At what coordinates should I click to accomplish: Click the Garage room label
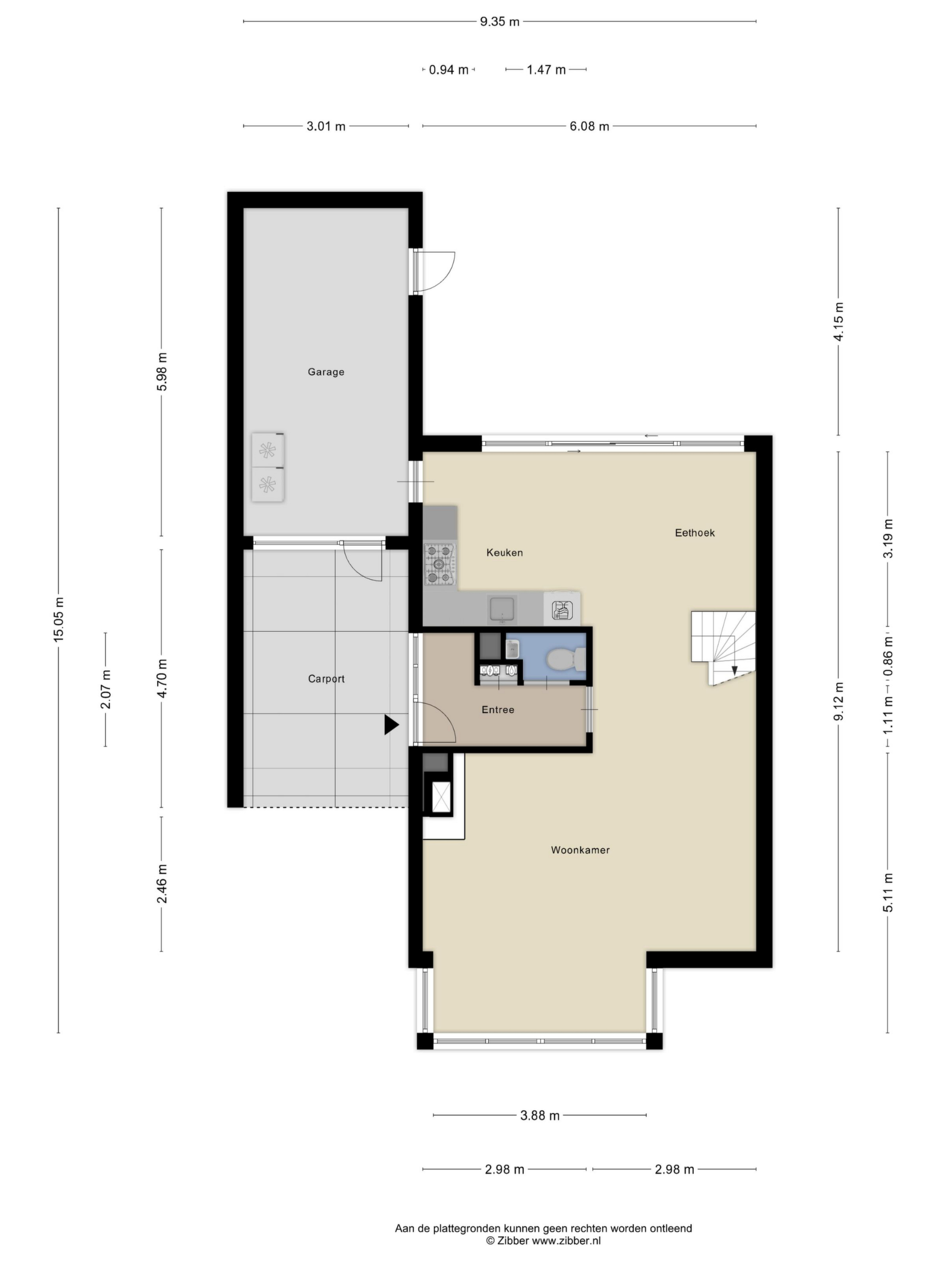[x=326, y=372]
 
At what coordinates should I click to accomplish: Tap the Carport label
[x=326, y=678]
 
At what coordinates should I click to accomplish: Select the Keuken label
[x=504, y=552]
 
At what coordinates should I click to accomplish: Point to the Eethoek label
[x=695, y=532]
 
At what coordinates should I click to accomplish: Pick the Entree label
[x=498, y=710]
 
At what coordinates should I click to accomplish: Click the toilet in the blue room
[x=566, y=660]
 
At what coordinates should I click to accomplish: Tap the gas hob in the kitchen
[x=439, y=564]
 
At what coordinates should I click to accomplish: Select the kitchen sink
[x=501, y=608]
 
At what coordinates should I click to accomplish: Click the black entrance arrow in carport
[x=391, y=725]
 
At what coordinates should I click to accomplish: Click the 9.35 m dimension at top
[x=500, y=22]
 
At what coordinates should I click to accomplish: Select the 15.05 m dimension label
[x=59, y=620]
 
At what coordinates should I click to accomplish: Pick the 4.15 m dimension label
[x=838, y=322]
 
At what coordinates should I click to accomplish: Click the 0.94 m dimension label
[x=448, y=69]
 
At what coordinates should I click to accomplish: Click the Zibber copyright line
[x=543, y=1240]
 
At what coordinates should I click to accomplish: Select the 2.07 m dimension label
[x=105, y=689]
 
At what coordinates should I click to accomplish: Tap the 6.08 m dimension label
[x=589, y=126]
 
